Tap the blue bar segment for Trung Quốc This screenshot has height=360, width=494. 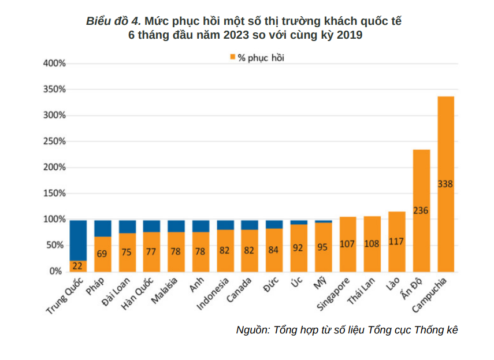[x=78, y=240]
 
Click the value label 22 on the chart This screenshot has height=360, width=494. [x=78, y=266]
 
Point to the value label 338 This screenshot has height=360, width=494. [x=445, y=184]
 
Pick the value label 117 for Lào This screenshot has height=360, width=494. [x=396, y=242]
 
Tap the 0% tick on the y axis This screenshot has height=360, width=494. [x=55, y=271]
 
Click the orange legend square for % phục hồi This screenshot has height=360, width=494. [x=232, y=57]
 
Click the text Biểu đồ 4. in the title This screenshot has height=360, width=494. [x=113, y=21]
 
